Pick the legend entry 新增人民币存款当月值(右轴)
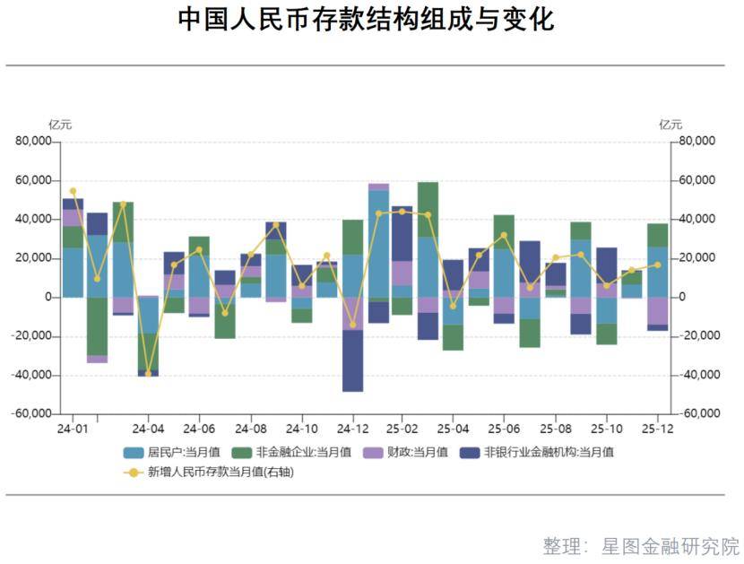(x=232, y=473)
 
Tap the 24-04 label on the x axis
(x=149, y=430)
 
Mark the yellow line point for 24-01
(x=73, y=191)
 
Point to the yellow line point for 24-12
(x=352, y=325)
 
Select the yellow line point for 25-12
(x=658, y=265)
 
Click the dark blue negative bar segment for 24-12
(x=352, y=360)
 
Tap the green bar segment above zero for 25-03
(x=428, y=210)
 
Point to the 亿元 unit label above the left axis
(x=60, y=125)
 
